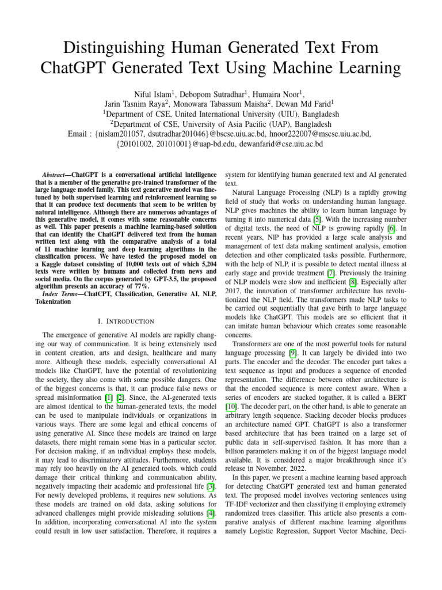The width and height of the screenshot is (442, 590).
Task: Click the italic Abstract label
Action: (x=56, y=174)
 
